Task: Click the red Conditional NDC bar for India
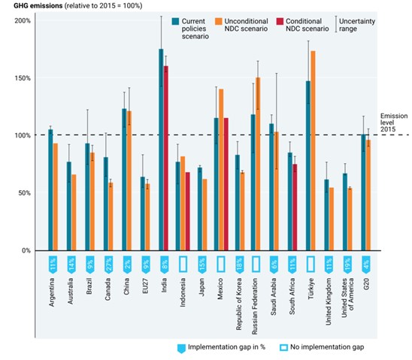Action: coord(165,158)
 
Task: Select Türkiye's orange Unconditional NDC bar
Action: coord(313,150)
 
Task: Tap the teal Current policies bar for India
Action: coord(160,150)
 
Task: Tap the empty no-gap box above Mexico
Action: coord(221,264)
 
